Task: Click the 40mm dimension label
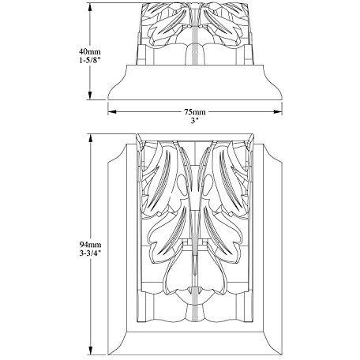tap(90, 51)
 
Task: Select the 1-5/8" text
tap(90, 60)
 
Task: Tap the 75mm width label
tap(195, 112)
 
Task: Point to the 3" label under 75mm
tap(194, 121)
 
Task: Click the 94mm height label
tap(90, 245)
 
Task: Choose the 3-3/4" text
tap(90, 253)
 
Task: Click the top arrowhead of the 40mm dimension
tap(90, 8)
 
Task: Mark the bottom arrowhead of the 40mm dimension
tap(90, 96)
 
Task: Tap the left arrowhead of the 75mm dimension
tap(112, 112)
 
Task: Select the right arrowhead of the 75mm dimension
tap(278, 112)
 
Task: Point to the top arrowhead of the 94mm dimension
tap(90, 138)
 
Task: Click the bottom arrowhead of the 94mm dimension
tap(90, 351)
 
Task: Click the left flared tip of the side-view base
tap(108, 99)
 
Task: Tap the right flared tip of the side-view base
tap(282, 99)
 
